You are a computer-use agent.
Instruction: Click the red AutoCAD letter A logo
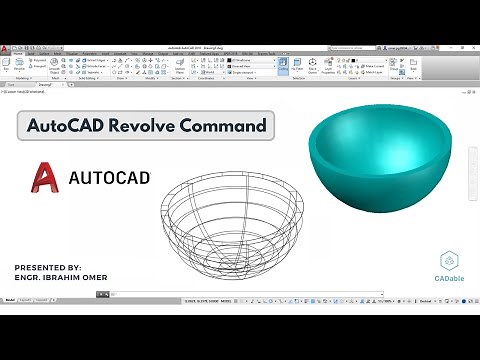coord(44,177)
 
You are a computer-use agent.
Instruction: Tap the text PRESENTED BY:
coord(49,267)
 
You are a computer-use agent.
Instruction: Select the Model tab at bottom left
coord(11,300)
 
